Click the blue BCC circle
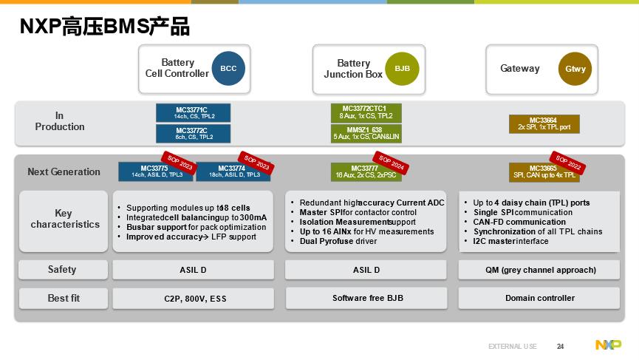pyautogui.click(x=228, y=69)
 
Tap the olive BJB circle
pyautogui.click(x=402, y=69)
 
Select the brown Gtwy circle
pyautogui.click(x=575, y=69)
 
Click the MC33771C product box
pyautogui.click(x=193, y=112)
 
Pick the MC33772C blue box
pyautogui.click(x=193, y=133)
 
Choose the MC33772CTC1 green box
pyautogui.click(x=366, y=112)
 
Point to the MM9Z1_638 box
pyautogui.click(x=366, y=133)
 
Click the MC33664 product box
pyautogui.click(x=544, y=123)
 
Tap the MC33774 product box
pyautogui.click(x=231, y=171)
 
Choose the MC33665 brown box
pyautogui.click(x=544, y=171)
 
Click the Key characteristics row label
pyautogui.click(x=64, y=220)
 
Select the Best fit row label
pyautogui.click(x=63, y=298)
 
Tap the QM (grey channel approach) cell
pyautogui.click(x=540, y=270)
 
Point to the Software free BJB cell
pyautogui.click(x=366, y=298)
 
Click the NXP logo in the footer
pyautogui.click(x=608, y=345)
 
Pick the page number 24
pyautogui.click(x=560, y=346)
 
